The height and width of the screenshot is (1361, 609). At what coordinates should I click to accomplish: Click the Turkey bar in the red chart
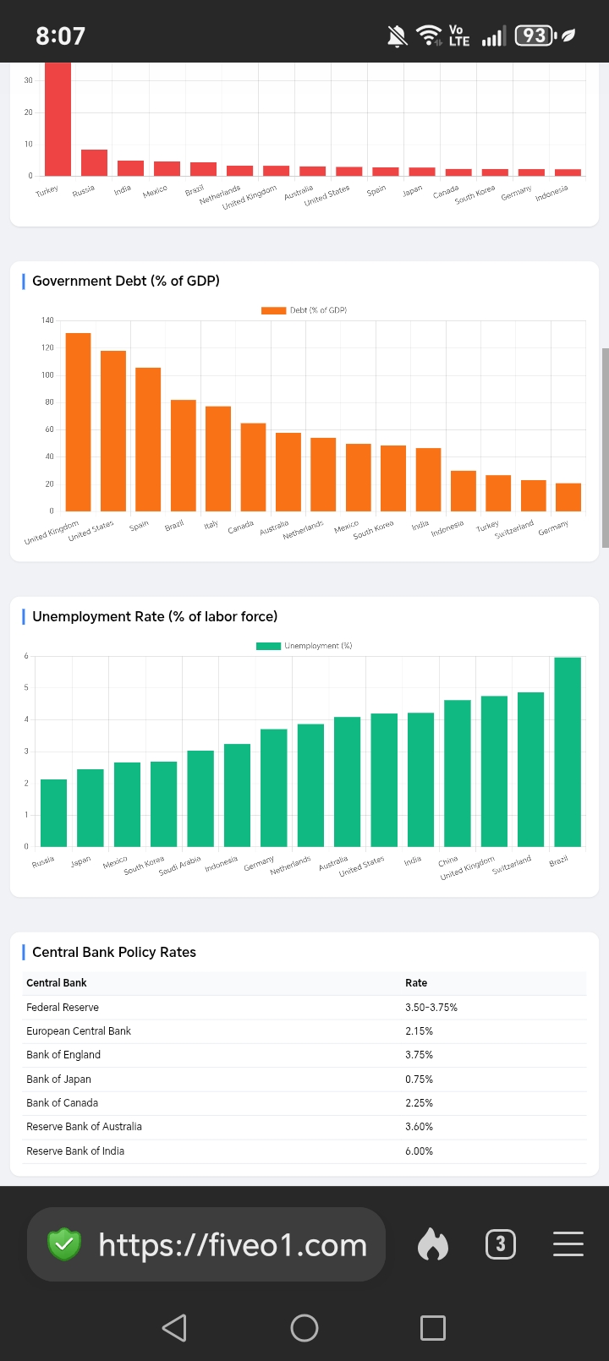pos(58,119)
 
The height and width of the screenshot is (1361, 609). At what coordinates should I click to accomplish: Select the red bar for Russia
pos(94,163)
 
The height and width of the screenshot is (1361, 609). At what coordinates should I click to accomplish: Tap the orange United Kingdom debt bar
pos(79,422)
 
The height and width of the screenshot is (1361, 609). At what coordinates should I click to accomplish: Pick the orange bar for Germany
pos(568,497)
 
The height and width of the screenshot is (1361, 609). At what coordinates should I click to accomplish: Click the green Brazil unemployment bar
pos(568,752)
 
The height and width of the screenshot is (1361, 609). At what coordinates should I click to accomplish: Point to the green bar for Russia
pos(53,813)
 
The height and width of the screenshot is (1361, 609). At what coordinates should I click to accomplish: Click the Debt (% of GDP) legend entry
pos(304,310)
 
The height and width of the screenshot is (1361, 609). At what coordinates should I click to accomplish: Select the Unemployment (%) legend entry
pos(304,645)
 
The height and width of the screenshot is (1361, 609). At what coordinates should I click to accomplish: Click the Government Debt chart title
pos(126,281)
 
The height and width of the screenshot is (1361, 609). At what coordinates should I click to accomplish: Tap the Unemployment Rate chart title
pos(155,616)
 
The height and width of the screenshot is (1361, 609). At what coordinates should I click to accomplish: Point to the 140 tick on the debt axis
pos(47,320)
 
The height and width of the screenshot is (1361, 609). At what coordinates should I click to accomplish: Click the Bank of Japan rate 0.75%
pos(419,1079)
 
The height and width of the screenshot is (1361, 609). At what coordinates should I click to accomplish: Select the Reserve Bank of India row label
pos(75,1151)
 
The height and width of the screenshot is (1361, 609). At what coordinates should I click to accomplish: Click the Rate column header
pos(416,982)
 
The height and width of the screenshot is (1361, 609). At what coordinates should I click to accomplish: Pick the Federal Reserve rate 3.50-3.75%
pos(431,1007)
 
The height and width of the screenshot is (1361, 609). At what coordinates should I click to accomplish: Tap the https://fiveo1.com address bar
pos(206,1244)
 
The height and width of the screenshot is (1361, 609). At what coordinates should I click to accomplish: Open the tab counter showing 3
pos(500,1244)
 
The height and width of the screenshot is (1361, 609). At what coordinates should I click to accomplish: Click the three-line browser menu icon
pos(568,1243)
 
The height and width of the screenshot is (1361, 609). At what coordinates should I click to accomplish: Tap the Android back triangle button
pos(174,1327)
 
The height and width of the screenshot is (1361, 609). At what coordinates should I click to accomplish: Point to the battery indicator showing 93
pos(535,36)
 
